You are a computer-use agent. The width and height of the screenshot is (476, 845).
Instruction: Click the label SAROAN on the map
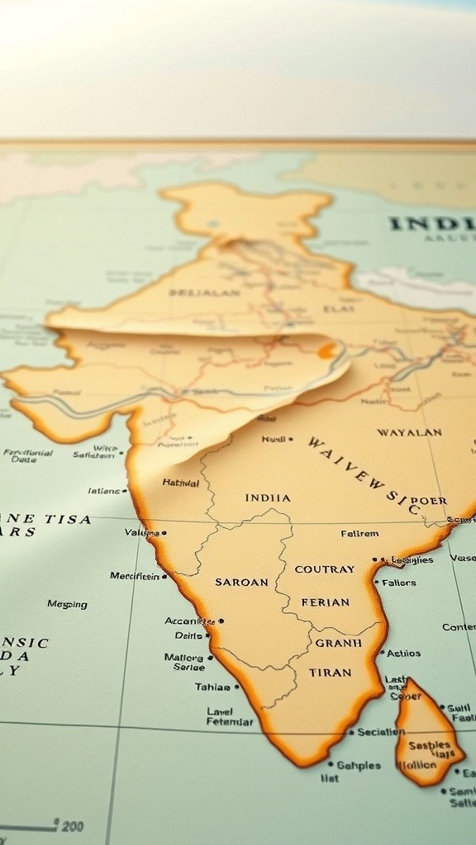click(x=241, y=582)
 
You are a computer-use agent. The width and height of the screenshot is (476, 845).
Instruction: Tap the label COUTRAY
click(x=325, y=569)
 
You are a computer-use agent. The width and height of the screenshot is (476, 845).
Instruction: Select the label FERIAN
click(x=325, y=602)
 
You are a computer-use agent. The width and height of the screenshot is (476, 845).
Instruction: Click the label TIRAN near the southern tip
click(x=331, y=673)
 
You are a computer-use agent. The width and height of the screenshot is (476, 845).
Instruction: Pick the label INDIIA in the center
click(x=268, y=498)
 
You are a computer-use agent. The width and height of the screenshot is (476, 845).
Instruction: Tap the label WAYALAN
click(x=409, y=432)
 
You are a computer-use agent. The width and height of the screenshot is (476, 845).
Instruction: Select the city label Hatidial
click(x=180, y=483)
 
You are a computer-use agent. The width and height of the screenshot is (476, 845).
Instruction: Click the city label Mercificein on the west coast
click(x=135, y=576)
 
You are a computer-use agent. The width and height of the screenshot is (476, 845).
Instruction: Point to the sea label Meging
click(x=67, y=604)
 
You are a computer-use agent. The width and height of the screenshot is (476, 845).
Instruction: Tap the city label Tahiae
click(x=212, y=687)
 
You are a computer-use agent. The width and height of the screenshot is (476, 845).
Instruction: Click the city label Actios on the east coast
click(x=403, y=653)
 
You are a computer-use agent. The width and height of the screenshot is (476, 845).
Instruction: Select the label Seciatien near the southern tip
click(x=381, y=731)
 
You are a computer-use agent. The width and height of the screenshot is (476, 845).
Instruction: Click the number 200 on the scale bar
click(x=71, y=826)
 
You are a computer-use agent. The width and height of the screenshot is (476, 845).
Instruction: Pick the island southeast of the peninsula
click(x=426, y=734)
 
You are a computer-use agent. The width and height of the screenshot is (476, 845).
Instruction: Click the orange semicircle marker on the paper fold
click(x=327, y=351)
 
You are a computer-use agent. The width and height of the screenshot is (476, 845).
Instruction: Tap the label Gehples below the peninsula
click(x=359, y=765)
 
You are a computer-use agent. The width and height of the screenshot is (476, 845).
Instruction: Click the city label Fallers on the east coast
click(x=400, y=583)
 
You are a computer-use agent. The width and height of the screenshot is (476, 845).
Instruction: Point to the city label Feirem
click(x=359, y=534)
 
